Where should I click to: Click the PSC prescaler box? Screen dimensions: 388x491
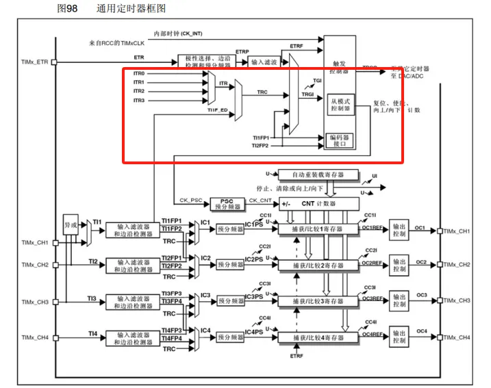tap(227, 203)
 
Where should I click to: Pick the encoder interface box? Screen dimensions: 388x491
tap(340, 140)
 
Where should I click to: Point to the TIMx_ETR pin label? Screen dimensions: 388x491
tap(34, 62)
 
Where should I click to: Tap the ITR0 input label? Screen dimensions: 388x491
tap(138, 73)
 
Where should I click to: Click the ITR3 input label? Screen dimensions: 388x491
tap(138, 101)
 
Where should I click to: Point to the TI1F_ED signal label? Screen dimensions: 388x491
tap(218, 109)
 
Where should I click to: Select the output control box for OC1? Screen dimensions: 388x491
tap(399, 231)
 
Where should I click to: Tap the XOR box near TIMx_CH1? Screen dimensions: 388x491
tap(70, 224)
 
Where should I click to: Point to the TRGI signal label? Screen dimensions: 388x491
tap(308, 94)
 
